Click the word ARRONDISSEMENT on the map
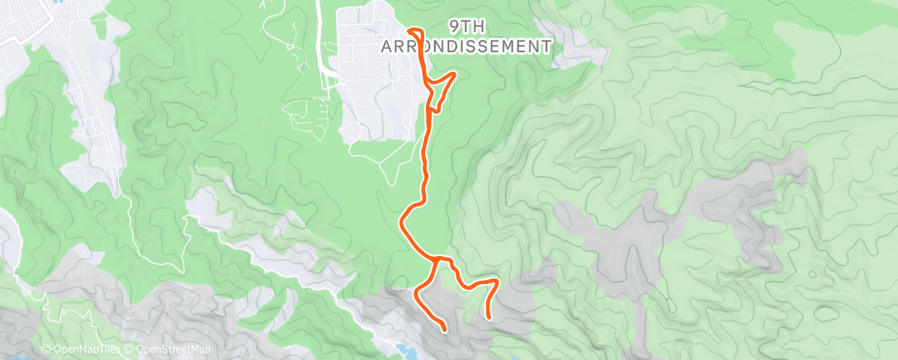(x=466, y=46)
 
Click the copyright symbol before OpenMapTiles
(x=46, y=350)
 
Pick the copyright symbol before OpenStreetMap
(x=130, y=350)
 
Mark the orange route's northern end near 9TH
(x=410, y=32)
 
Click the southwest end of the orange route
(x=445, y=330)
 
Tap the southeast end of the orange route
(x=488, y=316)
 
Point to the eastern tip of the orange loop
(x=455, y=75)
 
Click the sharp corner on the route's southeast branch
(x=496, y=282)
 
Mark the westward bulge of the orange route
(x=402, y=221)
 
